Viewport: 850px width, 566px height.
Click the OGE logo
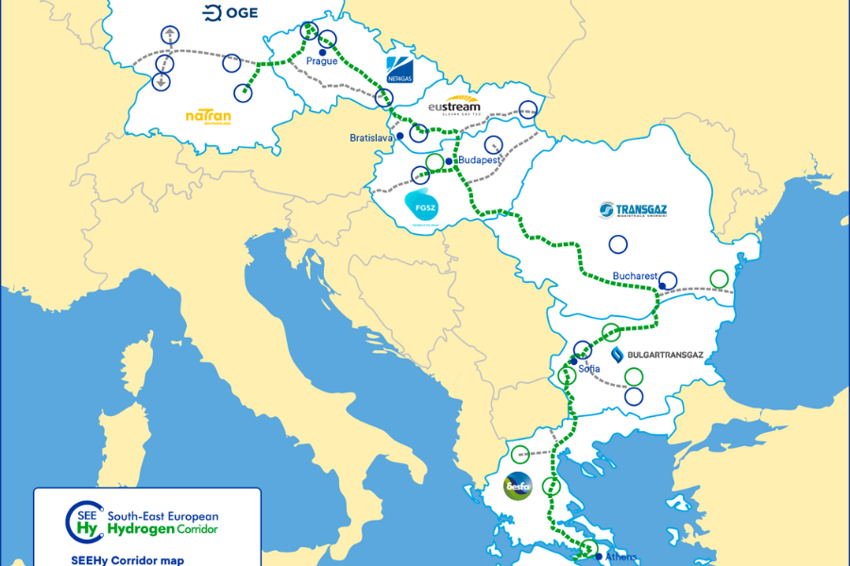pyautogui.click(x=226, y=12)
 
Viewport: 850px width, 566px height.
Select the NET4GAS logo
pyautogui.click(x=399, y=70)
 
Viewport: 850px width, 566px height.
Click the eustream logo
pyautogui.click(x=454, y=106)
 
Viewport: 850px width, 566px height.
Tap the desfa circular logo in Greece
pyautogui.click(x=518, y=487)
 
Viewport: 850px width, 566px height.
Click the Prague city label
pyautogui.click(x=322, y=61)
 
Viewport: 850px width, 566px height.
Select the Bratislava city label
pyautogui.click(x=371, y=138)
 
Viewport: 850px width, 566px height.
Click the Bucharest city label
pyautogui.click(x=634, y=276)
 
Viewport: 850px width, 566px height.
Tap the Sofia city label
pyautogui.click(x=589, y=370)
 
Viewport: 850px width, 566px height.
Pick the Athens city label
pyautogui.click(x=620, y=556)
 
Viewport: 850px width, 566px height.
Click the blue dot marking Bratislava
pyautogui.click(x=400, y=136)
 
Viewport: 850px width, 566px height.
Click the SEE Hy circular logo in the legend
pyautogui.click(x=83, y=522)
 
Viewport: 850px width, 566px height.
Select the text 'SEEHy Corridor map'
pyautogui.click(x=120, y=559)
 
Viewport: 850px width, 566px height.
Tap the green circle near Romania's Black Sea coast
pyautogui.click(x=719, y=278)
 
